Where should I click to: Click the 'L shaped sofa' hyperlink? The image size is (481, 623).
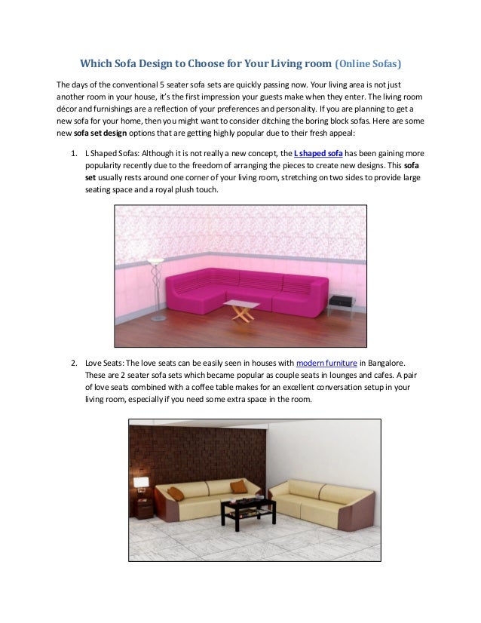pyautogui.click(x=317, y=152)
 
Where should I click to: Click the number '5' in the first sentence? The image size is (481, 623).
pyautogui.click(x=175, y=84)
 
